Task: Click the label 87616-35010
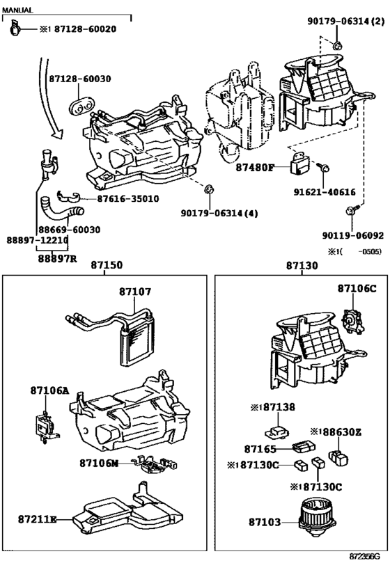pyautogui.click(x=127, y=198)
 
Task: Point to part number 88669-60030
pyautogui.click(x=69, y=229)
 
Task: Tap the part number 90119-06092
pyautogui.click(x=352, y=235)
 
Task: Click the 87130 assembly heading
pyautogui.click(x=301, y=265)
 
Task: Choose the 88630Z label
pyautogui.click(x=340, y=432)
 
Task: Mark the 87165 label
pyautogui.click(x=260, y=450)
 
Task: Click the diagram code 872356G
pyautogui.click(x=364, y=557)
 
